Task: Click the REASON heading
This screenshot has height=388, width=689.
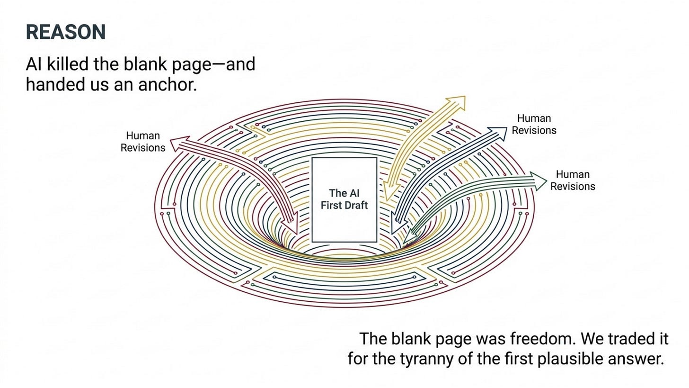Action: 66,32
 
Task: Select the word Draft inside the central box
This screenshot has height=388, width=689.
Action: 356,205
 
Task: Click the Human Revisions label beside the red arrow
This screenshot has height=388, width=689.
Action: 143,142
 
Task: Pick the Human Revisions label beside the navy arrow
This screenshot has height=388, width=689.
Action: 534,124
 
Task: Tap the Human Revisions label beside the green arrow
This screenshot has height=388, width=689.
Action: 573,180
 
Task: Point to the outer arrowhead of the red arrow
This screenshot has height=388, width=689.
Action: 179,143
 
